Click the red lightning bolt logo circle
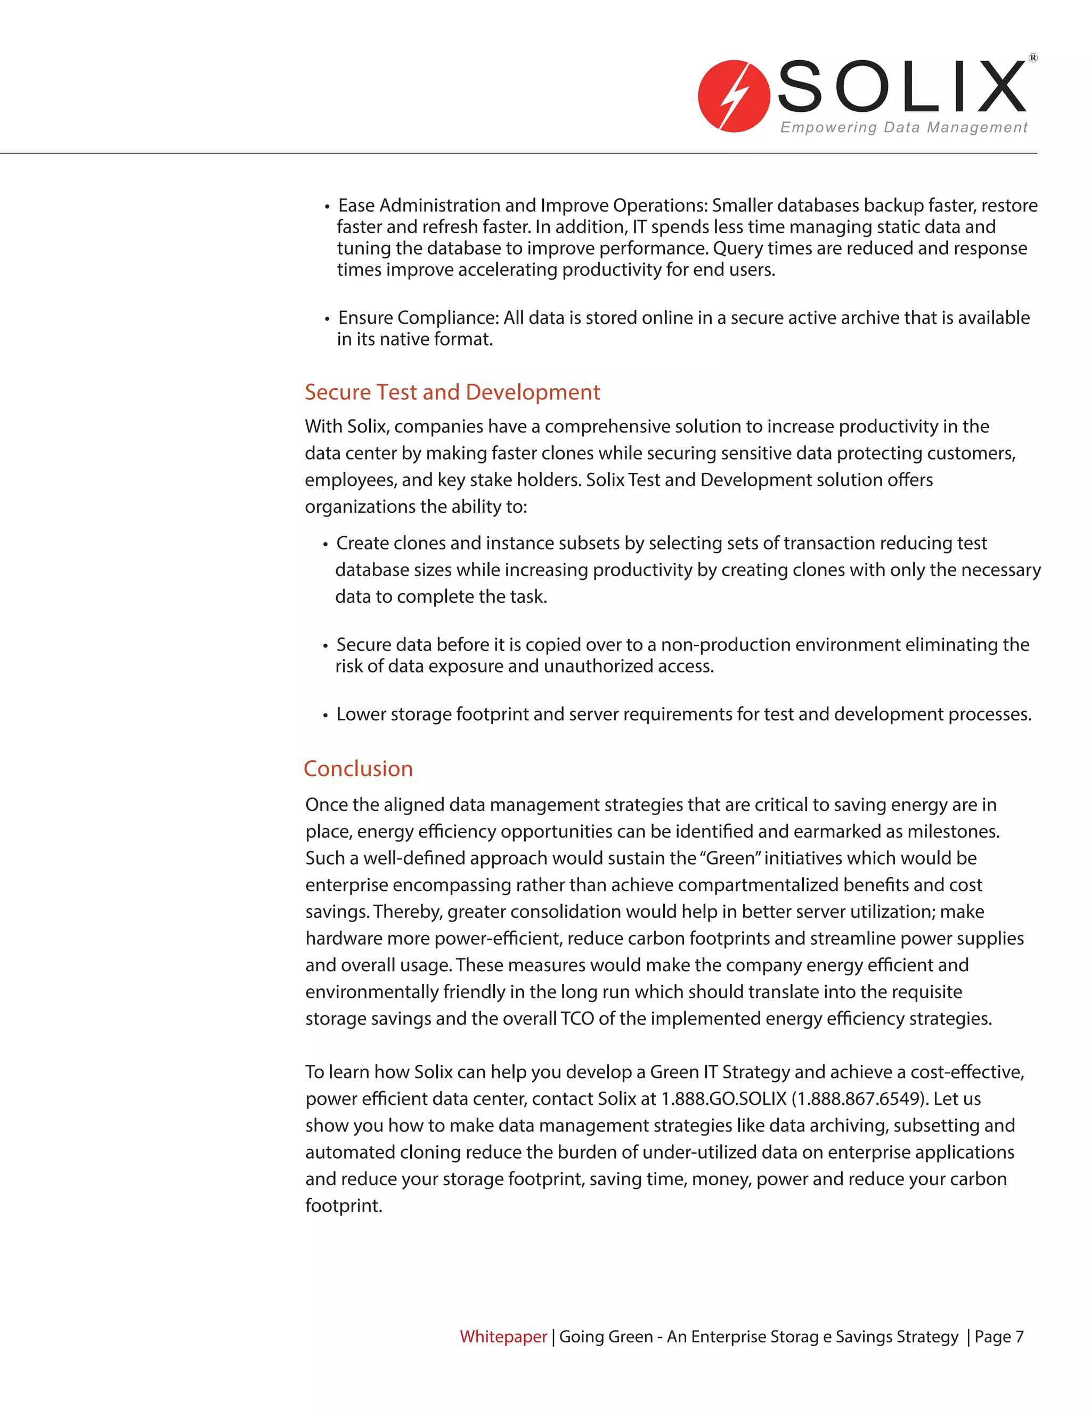click(x=734, y=96)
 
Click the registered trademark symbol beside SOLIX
click(x=1033, y=58)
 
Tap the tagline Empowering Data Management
click(x=903, y=127)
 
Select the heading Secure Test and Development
click(x=452, y=392)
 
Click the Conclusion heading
click(x=358, y=768)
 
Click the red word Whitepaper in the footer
click(x=503, y=1336)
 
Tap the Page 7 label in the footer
click(x=999, y=1336)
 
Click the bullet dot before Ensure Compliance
click(x=327, y=319)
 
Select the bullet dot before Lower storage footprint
click(x=325, y=716)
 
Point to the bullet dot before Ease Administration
click(x=327, y=207)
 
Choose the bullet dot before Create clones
click(x=325, y=545)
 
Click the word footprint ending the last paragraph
click(x=343, y=1205)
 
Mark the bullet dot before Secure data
click(x=325, y=646)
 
